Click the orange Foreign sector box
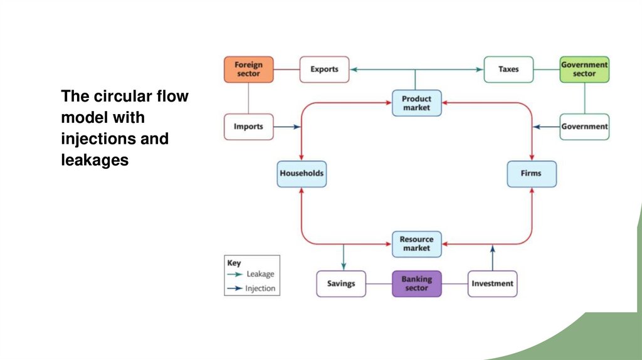(x=248, y=70)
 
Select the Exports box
(x=324, y=70)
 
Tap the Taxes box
(x=508, y=70)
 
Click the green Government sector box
(x=584, y=70)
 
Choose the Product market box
(x=416, y=103)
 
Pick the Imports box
(x=248, y=127)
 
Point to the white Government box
(x=584, y=127)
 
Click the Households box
(x=302, y=173)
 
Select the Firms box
(x=531, y=173)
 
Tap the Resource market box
(x=416, y=244)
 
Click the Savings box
(x=341, y=283)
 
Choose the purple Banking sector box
(x=416, y=283)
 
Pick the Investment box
(x=492, y=283)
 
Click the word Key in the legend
(x=233, y=263)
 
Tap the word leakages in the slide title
(x=95, y=161)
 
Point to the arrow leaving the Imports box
(x=287, y=127)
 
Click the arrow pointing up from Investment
(x=492, y=257)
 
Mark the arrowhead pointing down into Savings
(x=343, y=266)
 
